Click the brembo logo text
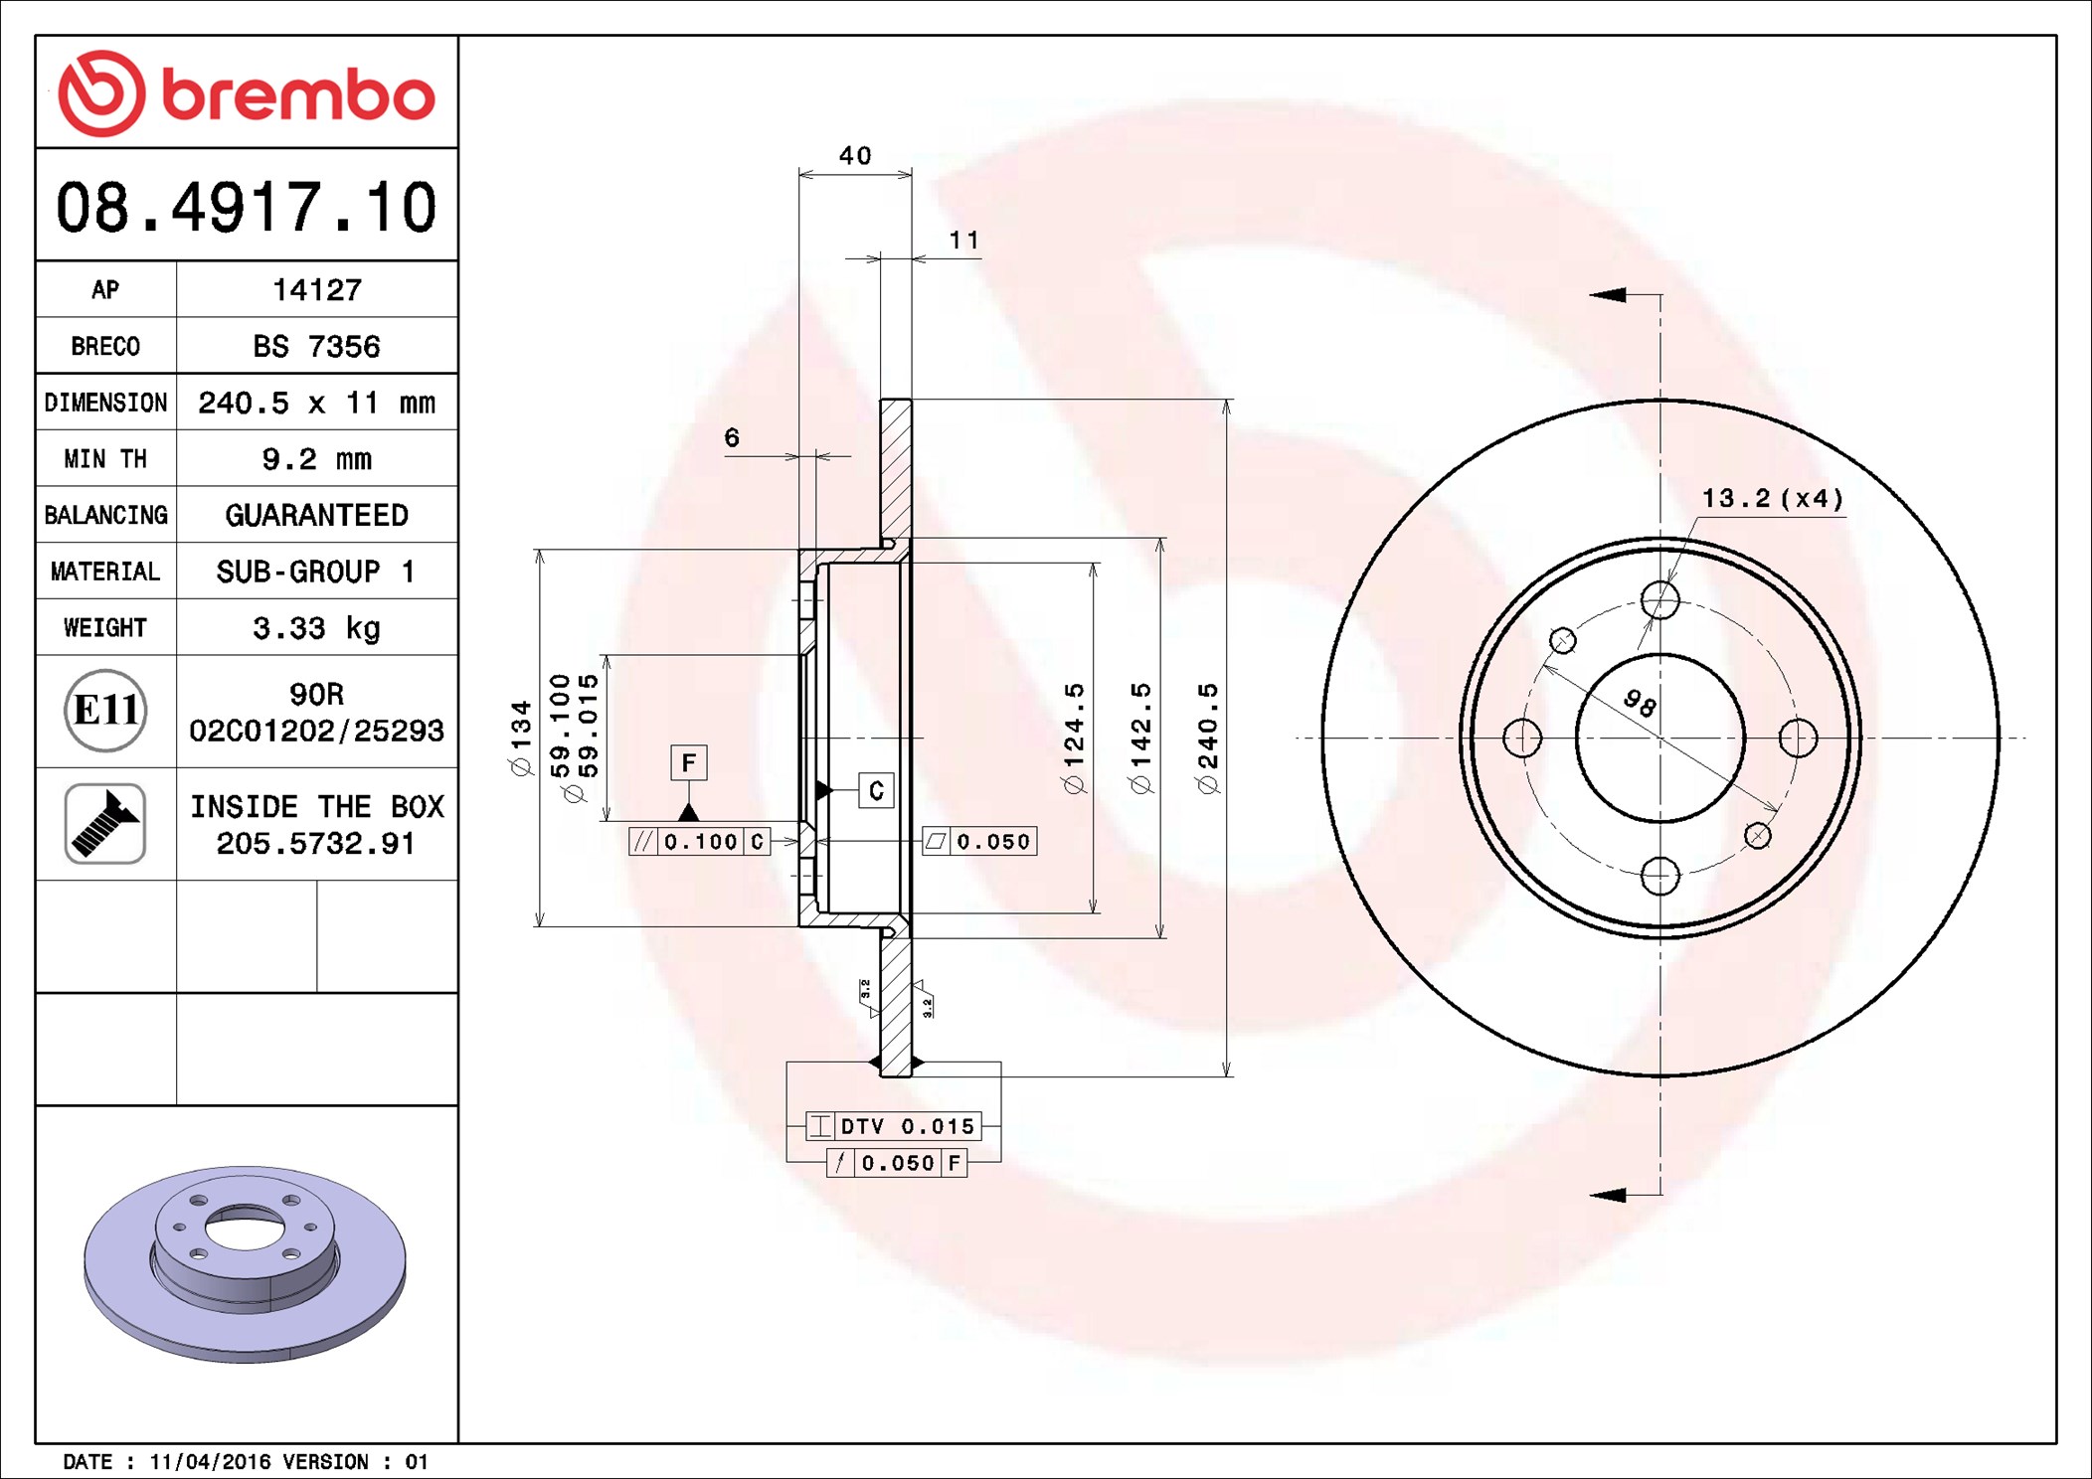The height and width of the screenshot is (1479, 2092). point(298,95)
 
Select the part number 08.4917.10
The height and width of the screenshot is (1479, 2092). point(247,208)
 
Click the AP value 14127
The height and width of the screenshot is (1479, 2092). point(317,289)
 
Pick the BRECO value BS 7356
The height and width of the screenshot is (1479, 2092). point(316,346)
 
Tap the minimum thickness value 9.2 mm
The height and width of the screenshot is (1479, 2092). point(316,458)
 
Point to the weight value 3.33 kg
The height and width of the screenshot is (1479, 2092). point(316,627)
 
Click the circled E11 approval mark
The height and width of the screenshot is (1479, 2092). point(105,711)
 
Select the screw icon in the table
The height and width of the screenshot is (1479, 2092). point(105,823)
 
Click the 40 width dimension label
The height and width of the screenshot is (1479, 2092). point(855,155)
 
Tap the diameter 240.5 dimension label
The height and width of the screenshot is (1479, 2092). point(1208,738)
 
